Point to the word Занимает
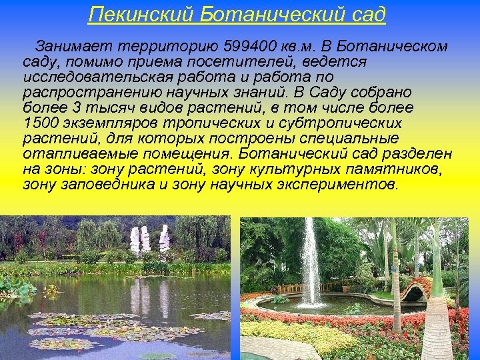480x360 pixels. [x=74, y=47]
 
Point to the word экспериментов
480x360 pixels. [x=344, y=184]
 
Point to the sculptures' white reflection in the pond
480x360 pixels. [x=149, y=297]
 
